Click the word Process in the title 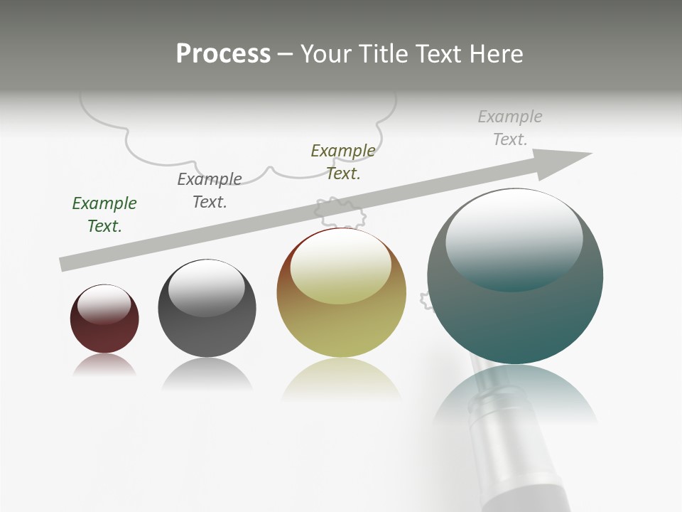[x=223, y=53]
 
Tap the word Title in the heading [x=382, y=53]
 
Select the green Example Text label [x=104, y=215]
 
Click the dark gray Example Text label [x=210, y=191]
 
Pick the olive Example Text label [x=343, y=162]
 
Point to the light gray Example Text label [x=510, y=128]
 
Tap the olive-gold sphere [x=341, y=327]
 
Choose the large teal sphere [x=515, y=320]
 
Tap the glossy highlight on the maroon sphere [x=104, y=304]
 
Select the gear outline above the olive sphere [x=340, y=211]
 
